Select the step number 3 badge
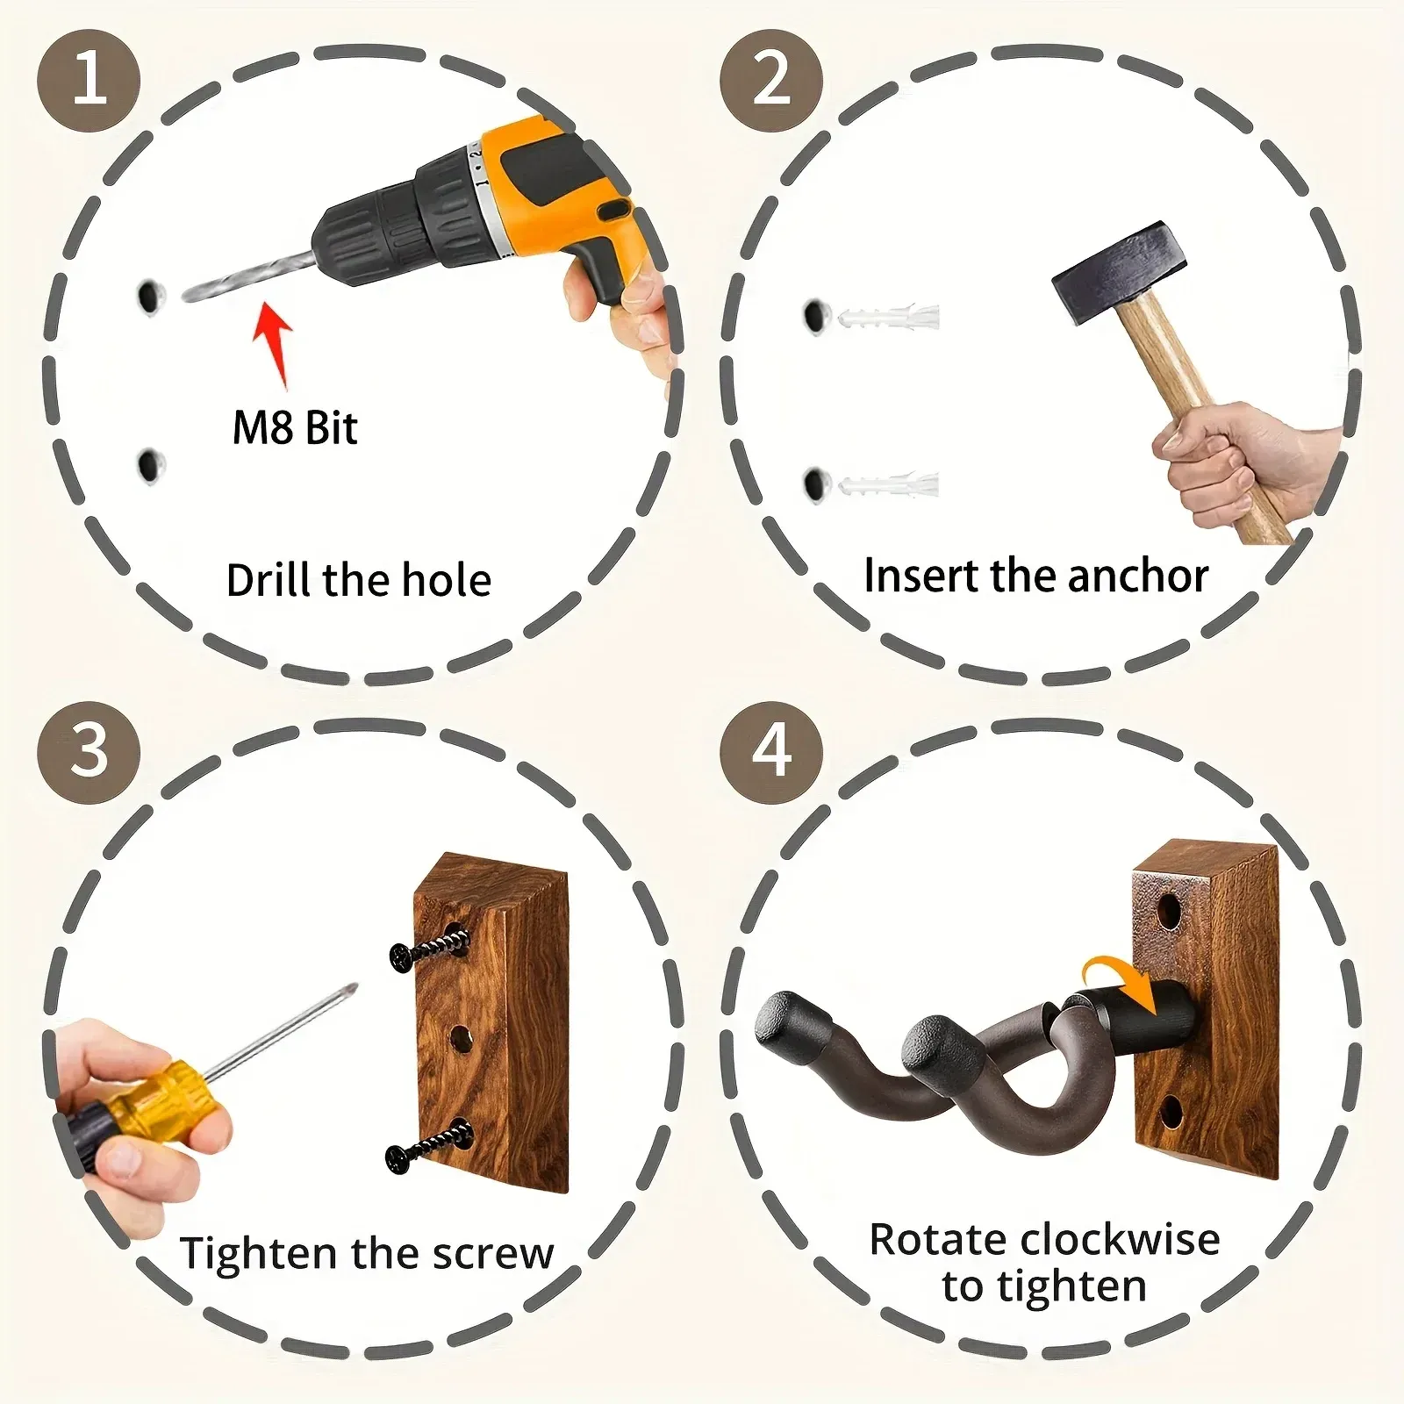tap(89, 752)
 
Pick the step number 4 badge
tap(771, 752)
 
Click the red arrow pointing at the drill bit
tap(274, 343)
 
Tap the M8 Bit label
tap(295, 428)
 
